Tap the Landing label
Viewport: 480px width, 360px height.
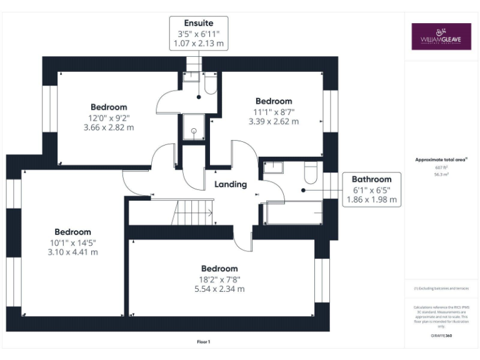[x=231, y=184]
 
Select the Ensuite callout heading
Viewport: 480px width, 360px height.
[x=198, y=23]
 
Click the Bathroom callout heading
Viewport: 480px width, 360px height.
[x=371, y=179]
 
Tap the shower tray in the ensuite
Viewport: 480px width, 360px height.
[x=194, y=130]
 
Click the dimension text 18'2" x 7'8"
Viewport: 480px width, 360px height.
[x=219, y=279]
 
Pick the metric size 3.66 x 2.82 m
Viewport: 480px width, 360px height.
[x=109, y=127]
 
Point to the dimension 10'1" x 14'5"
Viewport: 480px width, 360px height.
[x=72, y=242]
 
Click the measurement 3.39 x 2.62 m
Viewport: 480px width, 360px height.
[x=274, y=121]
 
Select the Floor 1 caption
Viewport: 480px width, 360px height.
[x=204, y=341]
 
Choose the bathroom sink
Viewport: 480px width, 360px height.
[x=274, y=167]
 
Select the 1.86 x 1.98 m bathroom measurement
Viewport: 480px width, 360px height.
[x=371, y=200]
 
